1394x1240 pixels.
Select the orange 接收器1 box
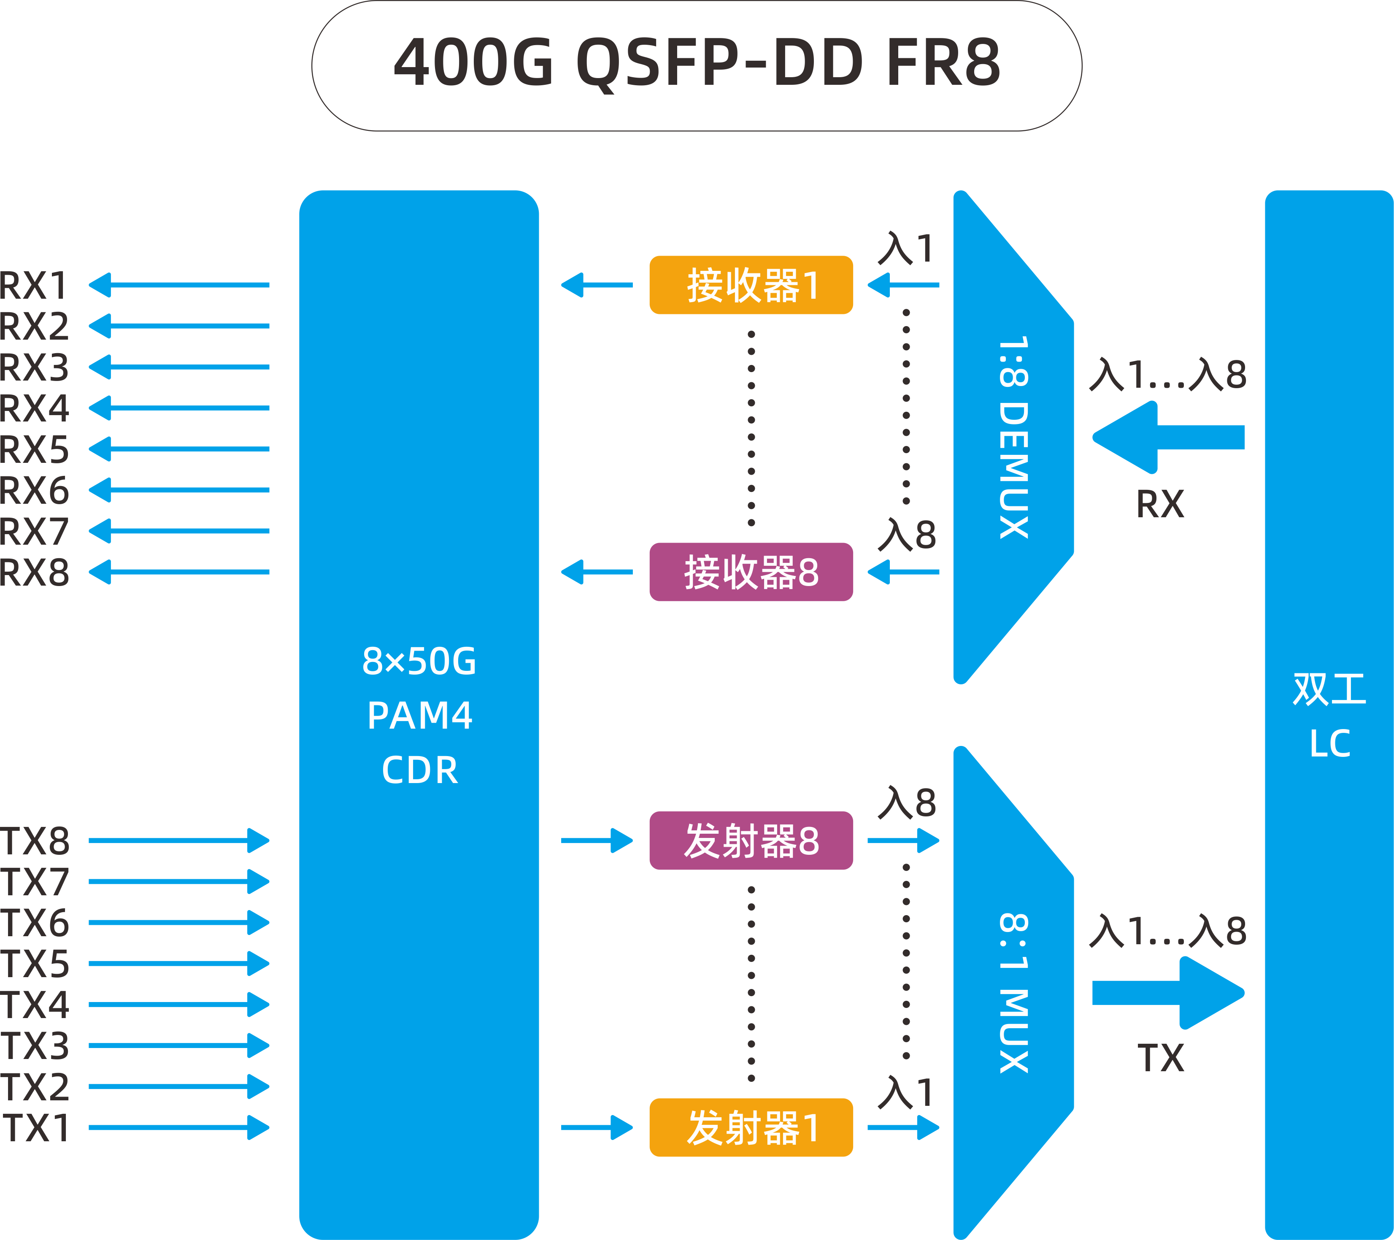point(751,285)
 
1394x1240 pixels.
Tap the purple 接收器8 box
point(751,572)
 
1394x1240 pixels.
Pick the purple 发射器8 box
point(751,840)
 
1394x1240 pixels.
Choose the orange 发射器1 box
point(751,1127)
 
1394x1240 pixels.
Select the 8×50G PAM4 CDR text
point(419,715)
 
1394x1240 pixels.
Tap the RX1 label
point(34,285)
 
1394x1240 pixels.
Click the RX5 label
point(34,449)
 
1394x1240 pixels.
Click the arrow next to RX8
point(179,572)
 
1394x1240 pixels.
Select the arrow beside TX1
point(179,1127)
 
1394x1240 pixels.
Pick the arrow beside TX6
point(179,923)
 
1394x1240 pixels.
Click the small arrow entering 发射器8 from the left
point(597,840)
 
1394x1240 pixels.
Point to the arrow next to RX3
point(179,367)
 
